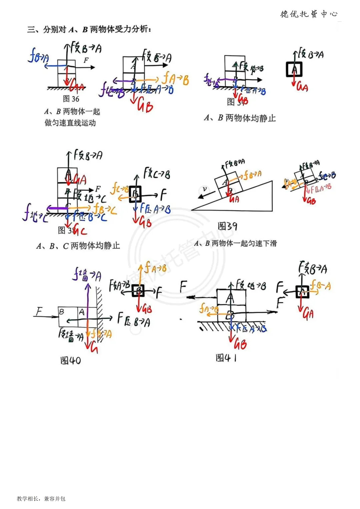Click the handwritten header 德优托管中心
309,14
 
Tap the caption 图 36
71,99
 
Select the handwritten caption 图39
227,226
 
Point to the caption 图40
70,360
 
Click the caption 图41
226,358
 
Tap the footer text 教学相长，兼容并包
41,499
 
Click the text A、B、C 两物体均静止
78,246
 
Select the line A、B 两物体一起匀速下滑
235,243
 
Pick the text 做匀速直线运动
70,123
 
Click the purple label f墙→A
87,275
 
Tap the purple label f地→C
34,213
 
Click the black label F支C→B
157,174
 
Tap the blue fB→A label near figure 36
38,56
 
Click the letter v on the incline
205,189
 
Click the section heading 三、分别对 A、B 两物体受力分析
89,30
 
